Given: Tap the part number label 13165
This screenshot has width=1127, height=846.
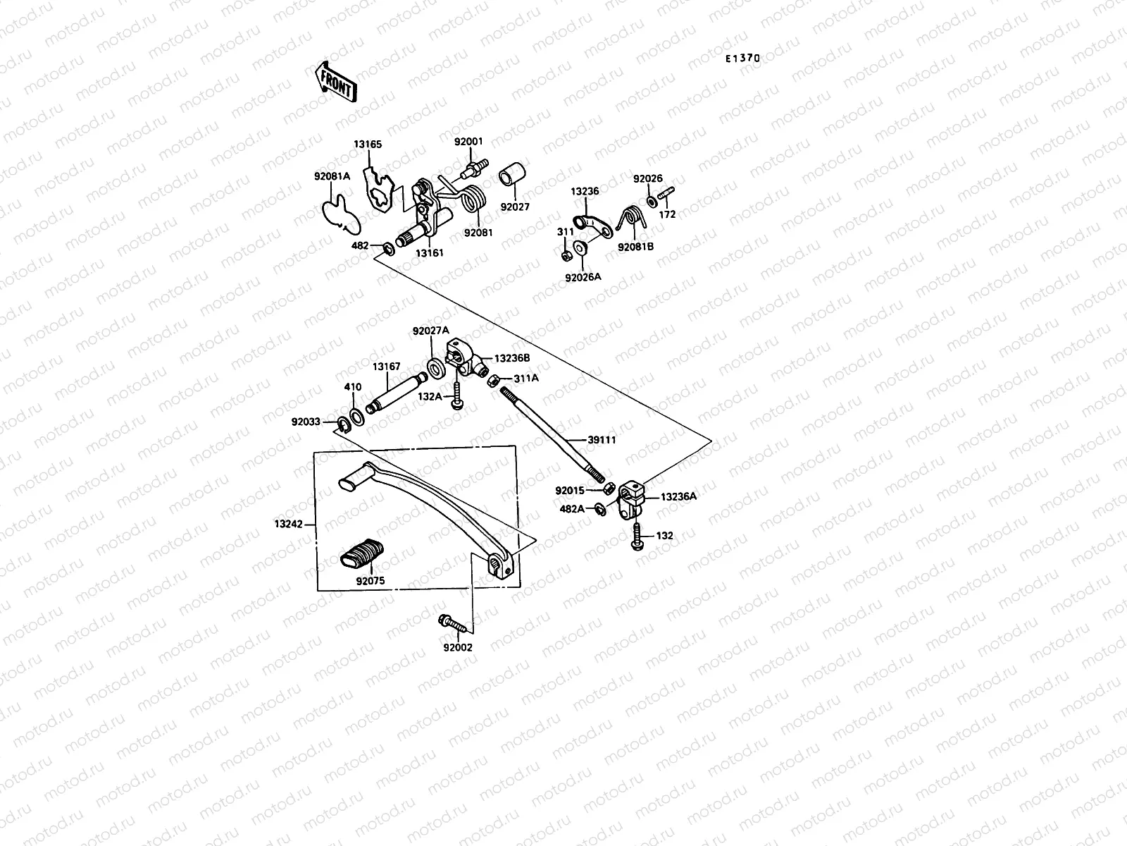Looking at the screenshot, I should click(368, 145).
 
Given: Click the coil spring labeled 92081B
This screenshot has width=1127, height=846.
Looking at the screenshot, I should click(632, 219).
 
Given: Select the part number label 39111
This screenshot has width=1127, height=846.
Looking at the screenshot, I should click(602, 439).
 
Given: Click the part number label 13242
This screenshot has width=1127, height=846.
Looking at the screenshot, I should click(289, 524).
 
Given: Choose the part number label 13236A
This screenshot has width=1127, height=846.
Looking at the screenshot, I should click(678, 496).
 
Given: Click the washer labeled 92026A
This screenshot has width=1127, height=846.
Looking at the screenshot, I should click(582, 247).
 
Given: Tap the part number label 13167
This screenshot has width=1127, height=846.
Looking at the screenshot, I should click(386, 367).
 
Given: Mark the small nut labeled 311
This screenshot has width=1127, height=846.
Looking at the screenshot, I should click(566, 255).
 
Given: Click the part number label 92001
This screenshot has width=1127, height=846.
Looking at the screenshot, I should click(468, 142).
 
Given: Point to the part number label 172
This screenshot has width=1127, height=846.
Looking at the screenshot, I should click(667, 214).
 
